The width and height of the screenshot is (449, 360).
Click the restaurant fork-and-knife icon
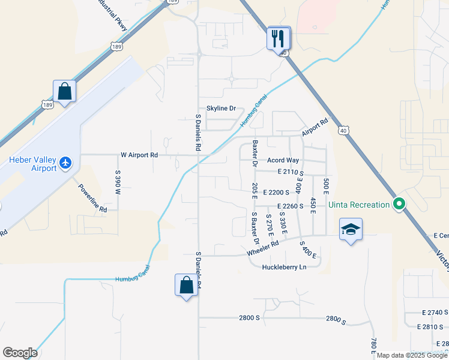pos(279,38)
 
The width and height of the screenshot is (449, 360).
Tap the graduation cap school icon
pos(351,229)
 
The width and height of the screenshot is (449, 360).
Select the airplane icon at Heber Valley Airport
pos(65,163)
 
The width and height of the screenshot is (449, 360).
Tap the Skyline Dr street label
pos(221,109)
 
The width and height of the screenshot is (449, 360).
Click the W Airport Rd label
pos(139,155)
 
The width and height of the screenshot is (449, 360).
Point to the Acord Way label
pos(283,160)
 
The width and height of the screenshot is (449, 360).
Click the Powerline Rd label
pos(92,198)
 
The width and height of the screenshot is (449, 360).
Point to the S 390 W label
pos(118,182)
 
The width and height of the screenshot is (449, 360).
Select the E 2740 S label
pos(435,313)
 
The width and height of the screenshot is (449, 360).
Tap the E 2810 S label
pos(433,328)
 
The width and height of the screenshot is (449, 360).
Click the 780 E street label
pos(373,346)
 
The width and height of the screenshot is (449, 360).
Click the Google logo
pos(20,353)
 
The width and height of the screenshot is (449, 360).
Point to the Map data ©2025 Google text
pos(412,356)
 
